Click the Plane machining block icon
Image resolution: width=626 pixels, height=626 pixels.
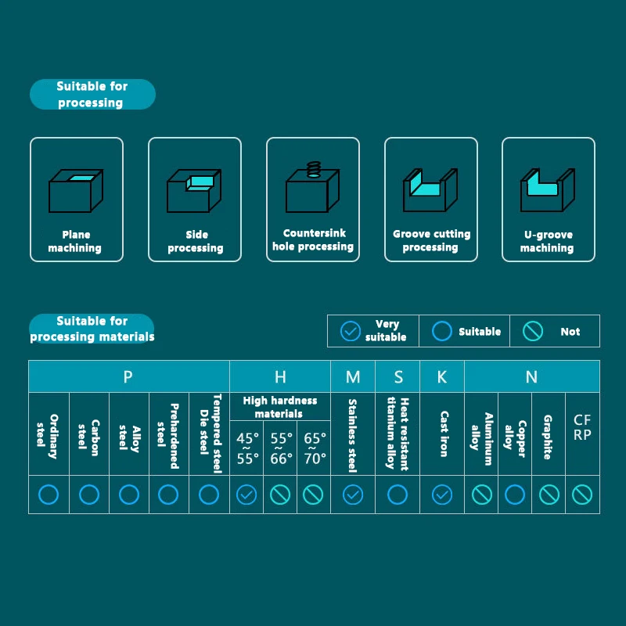[x=76, y=190]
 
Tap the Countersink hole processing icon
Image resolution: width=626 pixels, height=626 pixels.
[x=312, y=187]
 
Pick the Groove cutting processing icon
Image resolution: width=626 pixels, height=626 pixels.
[x=430, y=189]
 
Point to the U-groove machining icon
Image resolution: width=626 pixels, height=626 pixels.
[x=548, y=189]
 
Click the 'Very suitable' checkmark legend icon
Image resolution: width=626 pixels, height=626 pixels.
[x=351, y=331]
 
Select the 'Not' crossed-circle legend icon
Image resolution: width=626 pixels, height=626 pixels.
[x=533, y=331]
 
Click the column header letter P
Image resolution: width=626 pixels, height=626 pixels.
[x=128, y=377]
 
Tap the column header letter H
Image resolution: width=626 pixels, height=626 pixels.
[x=280, y=377]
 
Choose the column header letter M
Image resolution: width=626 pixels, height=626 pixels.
[x=353, y=377]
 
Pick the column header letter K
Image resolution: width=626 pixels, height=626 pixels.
[x=442, y=377]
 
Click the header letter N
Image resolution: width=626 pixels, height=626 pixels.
[x=532, y=377]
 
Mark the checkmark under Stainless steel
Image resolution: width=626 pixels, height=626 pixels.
[x=353, y=495]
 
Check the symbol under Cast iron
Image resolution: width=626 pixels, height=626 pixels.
[x=442, y=495]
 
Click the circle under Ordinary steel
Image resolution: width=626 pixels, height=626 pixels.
[x=49, y=495]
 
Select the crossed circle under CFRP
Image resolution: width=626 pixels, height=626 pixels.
[x=582, y=495]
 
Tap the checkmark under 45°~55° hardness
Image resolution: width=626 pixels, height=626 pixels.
[x=246, y=495]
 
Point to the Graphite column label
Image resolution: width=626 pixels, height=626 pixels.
[x=548, y=437]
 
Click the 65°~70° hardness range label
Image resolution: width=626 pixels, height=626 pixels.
[x=314, y=448]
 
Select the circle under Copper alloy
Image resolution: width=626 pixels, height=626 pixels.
[x=515, y=495]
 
